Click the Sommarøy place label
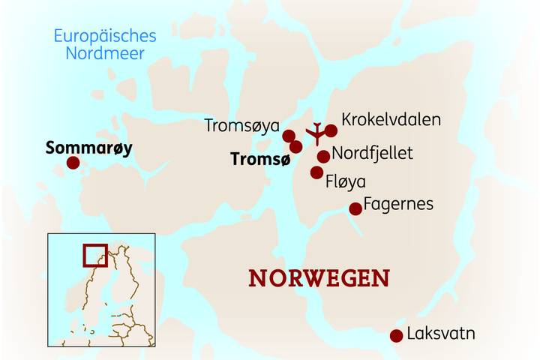pos(88,148)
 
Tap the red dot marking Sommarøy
pos(73,163)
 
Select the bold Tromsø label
pos(257,159)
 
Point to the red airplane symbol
pos(316,133)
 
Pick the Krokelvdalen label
pos(391,119)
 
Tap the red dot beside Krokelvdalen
pos(331,130)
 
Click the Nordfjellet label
pos(372,153)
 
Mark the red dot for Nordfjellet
pos(323,156)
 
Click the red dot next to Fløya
pos(316,173)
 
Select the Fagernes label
pos(398,203)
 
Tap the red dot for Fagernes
pos(355,209)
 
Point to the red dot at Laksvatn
pos(396,336)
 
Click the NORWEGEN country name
pos(319,278)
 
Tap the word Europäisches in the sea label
pos(105,36)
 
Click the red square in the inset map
pos(94,254)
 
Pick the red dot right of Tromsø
pos(296,146)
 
